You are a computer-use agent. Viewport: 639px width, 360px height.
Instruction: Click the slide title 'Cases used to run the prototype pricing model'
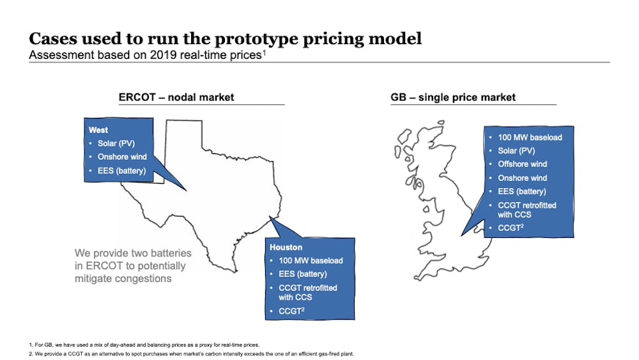pyautogui.click(x=226, y=39)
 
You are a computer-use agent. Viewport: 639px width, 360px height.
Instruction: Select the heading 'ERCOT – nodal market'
pyautogui.click(x=176, y=97)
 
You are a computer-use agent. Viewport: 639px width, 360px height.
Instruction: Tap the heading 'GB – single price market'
pyautogui.click(x=453, y=97)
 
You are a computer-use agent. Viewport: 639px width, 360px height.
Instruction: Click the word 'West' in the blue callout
pyautogui.click(x=98, y=130)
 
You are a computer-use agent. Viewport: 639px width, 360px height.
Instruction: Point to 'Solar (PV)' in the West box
pyautogui.click(x=116, y=143)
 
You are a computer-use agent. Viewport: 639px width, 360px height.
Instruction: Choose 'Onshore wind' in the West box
pyautogui.click(x=122, y=157)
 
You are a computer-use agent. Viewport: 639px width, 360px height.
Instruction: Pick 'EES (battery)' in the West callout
pyautogui.click(x=121, y=171)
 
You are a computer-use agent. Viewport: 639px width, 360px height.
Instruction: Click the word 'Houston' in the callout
pyautogui.click(x=286, y=247)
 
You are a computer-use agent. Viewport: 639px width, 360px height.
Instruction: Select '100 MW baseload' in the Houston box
pyautogui.click(x=311, y=260)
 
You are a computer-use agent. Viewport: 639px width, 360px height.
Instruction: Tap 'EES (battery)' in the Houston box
pyautogui.click(x=303, y=274)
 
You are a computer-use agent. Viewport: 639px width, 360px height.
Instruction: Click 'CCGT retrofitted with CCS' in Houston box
pyautogui.click(x=308, y=293)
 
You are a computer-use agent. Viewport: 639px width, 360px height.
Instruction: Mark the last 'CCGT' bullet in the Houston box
pyautogui.click(x=291, y=311)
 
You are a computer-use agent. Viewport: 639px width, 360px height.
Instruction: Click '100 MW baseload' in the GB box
pyautogui.click(x=530, y=138)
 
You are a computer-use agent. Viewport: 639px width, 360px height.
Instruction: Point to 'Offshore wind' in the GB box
pyautogui.click(x=523, y=164)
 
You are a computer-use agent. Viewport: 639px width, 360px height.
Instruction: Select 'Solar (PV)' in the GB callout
pyautogui.click(x=516, y=151)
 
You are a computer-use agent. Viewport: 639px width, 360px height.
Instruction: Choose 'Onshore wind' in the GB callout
pyautogui.click(x=523, y=178)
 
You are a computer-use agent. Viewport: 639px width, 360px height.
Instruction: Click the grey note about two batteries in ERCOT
pyautogui.click(x=133, y=266)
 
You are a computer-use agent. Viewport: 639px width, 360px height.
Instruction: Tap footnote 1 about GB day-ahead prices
pyautogui.click(x=144, y=345)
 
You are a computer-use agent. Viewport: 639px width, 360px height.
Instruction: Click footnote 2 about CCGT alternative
pyautogui.click(x=192, y=354)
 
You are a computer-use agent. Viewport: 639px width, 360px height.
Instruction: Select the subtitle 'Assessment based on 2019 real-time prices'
pyautogui.click(x=147, y=55)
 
